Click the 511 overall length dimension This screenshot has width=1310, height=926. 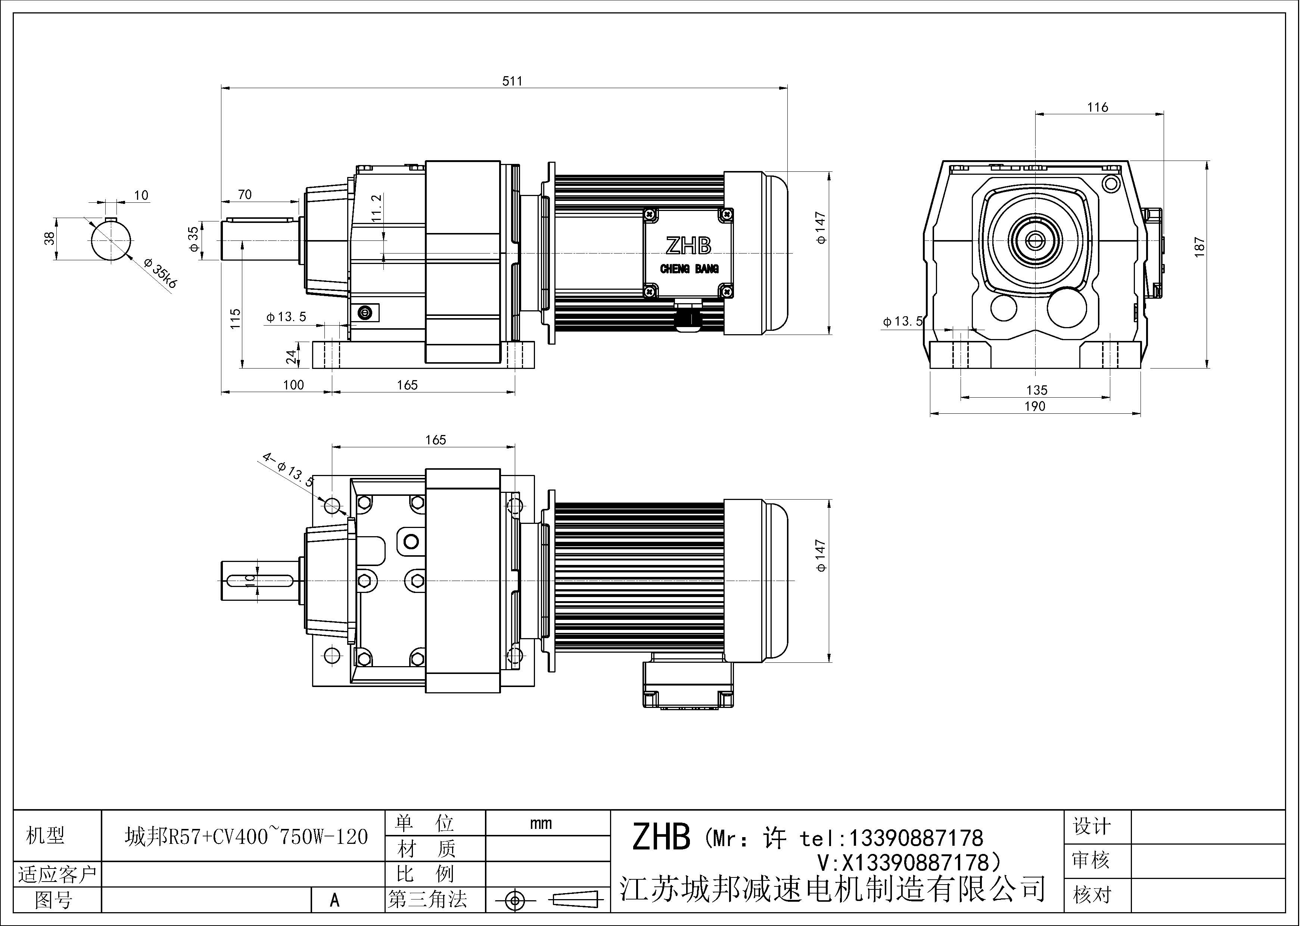pyautogui.click(x=512, y=81)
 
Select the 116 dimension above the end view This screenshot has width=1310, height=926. pyautogui.click(x=1097, y=107)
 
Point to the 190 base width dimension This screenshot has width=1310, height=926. pyautogui.click(x=1035, y=406)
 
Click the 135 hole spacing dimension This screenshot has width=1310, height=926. pyautogui.click(x=1037, y=390)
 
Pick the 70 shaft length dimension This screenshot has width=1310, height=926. pyautogui.click(x=245, y=195)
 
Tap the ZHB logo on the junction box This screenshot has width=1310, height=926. pyautogui.click(x=688, y=246)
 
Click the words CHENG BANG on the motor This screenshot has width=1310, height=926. pyautogui.click(x=689, y=269)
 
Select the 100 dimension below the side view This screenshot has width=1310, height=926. pyautogui.click(x=293, y=385)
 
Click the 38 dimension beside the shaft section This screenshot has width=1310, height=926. pyautogui.click(x=50, y=239)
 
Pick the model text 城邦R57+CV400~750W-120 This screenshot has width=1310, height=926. pyautogui.click(x=246, y=836)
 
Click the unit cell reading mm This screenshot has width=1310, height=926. pyautogui.click(x=540, y=823)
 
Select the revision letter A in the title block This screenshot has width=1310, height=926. pyautogui.click(x=334, y=900)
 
